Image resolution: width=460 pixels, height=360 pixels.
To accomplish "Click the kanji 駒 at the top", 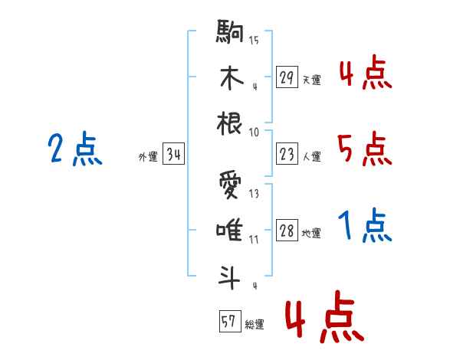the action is [230, 31].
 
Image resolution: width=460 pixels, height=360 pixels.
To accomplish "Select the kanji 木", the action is [232, 77].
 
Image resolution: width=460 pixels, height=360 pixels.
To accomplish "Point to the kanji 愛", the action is [230, 185].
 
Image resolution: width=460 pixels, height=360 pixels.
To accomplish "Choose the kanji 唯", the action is [229, 230].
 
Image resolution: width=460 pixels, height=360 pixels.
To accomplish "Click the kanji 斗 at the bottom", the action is [229, 277].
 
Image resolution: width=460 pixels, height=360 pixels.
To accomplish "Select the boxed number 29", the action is [287, 77].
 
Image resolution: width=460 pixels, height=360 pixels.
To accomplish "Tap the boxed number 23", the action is [287, 154].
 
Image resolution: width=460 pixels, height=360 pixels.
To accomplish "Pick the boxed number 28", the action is [287, 230].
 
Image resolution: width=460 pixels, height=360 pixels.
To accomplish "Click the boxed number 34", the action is [173, 154].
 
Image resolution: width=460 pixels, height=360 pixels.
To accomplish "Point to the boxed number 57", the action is [230, 321].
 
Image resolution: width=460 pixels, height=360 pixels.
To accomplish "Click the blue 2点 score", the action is [75, 149].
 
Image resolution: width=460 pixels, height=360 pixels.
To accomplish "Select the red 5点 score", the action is [365, 149].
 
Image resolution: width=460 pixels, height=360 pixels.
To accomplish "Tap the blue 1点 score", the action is [365, 225].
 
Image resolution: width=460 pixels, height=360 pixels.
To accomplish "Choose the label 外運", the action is [148, 157].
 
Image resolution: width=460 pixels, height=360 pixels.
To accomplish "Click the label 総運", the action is [254, 325].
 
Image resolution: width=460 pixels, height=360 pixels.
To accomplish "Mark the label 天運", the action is [311, 80].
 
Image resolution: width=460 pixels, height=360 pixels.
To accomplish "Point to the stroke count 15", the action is [254, 40].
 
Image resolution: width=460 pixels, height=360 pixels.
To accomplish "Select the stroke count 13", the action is [254, 194].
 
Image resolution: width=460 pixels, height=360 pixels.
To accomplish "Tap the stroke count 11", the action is [254, 240].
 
